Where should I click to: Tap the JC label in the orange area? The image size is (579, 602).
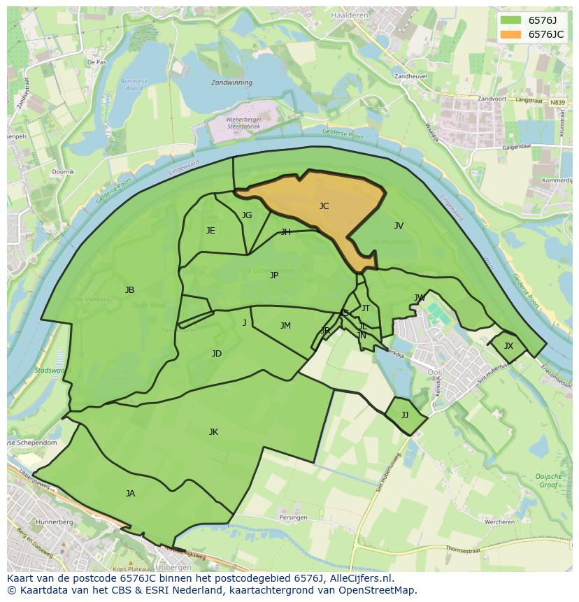pos(324,206)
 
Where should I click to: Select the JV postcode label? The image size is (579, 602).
pos(399,226)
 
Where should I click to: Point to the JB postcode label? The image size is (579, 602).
pos(129,290)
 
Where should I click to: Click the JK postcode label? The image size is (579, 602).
pos(213,432)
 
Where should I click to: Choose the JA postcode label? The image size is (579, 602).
pos(130,494)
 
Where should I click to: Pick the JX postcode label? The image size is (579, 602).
pos(508,346)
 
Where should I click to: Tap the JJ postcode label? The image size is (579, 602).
pos(404,415)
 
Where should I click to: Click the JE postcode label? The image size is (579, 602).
pos(210,231)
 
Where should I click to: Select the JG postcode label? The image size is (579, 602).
pos(247,215)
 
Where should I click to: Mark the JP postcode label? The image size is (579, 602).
pos(274,275)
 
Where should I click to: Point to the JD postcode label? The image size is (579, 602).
pos(217,354)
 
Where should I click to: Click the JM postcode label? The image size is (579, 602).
pos(285,326)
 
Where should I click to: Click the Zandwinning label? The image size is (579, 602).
pos(231,82)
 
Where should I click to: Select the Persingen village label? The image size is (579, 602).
pos(293,517)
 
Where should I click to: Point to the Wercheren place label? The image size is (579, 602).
pos(500,522)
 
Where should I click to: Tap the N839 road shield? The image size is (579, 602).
pos(557,103)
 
